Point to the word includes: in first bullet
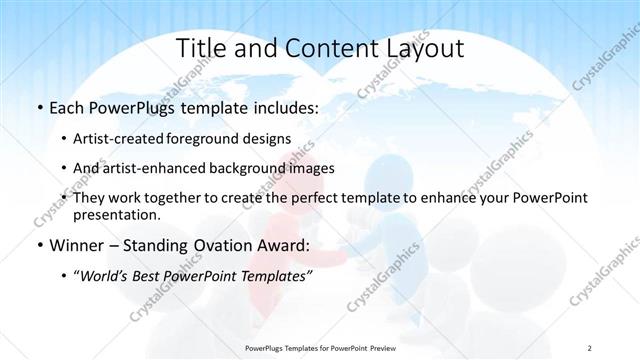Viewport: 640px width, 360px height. [287, 105]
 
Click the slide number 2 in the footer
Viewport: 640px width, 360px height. [590, 347]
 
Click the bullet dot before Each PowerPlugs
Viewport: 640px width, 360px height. [39, 106]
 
